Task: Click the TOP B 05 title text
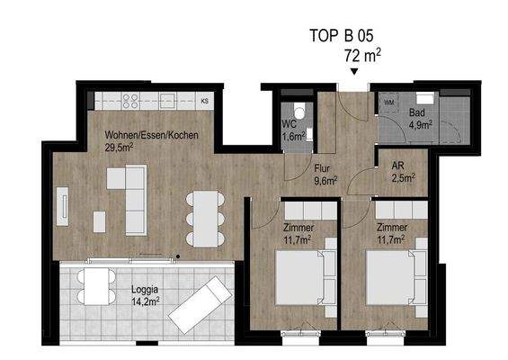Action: (x=341, y=37)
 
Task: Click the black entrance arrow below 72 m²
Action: (x=355, y=72)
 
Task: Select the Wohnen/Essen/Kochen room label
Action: (x=150, y=136)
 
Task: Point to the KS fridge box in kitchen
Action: (x=205, y=101)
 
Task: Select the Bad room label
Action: (x=416, y=113)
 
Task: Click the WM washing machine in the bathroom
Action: (x=389, y=103)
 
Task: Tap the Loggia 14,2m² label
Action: (x=145, y=295)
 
